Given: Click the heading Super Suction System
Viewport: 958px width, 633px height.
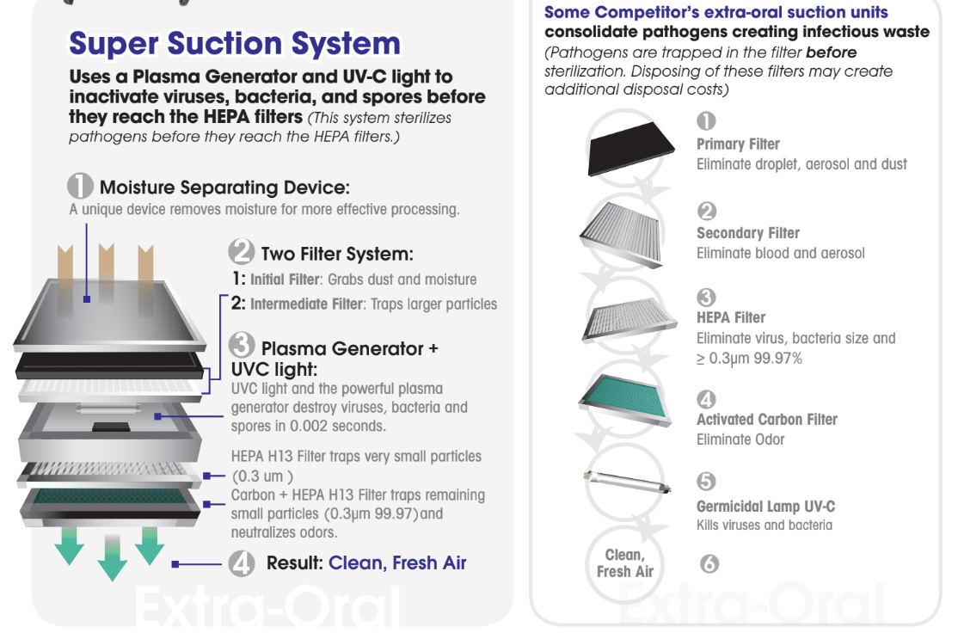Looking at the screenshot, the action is tap(235, 44).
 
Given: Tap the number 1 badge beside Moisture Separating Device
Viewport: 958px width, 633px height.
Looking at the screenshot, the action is tap(80, 186).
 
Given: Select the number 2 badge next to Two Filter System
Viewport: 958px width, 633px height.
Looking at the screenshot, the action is tap(242, 251).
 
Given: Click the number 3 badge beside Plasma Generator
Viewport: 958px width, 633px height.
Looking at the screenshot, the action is tap(242, 345).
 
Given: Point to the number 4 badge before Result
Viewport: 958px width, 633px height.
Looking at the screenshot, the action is tap(242, 563).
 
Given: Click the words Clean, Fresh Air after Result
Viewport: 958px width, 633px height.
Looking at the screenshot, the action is tap(397, 562).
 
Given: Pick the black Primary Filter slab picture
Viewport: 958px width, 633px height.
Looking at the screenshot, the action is tap(631, 149).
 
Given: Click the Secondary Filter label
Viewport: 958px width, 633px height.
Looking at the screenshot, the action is tap(748, 233).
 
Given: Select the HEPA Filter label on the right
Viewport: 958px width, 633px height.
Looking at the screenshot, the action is tap(731, 317).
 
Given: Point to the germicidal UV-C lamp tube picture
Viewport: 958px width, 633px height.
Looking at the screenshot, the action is tap(628, 482).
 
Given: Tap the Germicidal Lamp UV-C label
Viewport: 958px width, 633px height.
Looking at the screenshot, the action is tap(765, 507).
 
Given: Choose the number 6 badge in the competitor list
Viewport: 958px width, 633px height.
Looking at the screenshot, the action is tap(709, 563).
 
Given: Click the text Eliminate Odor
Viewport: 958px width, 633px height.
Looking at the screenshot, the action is tap(740, 439).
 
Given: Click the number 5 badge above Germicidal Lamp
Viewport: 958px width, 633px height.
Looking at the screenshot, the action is tap(706, 482).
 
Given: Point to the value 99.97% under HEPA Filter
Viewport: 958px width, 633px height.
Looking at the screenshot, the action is tap(777, 358).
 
